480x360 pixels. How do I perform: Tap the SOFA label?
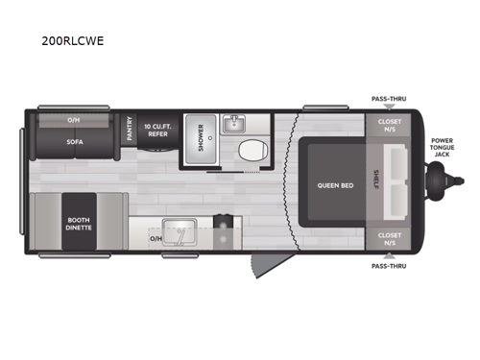point(74,139)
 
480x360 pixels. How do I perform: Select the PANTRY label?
point(130,130)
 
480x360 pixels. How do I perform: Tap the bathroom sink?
point(233,123)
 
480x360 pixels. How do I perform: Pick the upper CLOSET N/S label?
point(389,126)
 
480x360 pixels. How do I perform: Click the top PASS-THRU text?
point(388,98)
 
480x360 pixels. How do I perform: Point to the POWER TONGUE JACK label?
point(442,146)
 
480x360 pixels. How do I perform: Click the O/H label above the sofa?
point(74,120)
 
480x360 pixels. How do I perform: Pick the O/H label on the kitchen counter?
point(155,237)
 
